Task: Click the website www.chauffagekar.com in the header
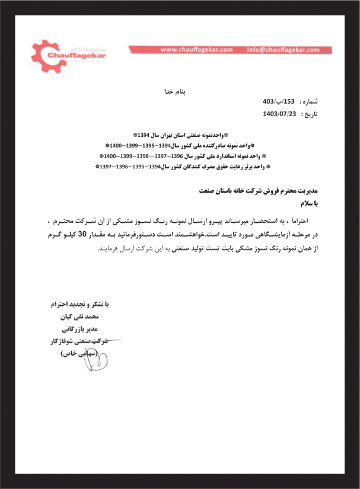tap(196, 50)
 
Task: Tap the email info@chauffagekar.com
tap(285, 50)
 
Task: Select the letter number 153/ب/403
tap(279, 102)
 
